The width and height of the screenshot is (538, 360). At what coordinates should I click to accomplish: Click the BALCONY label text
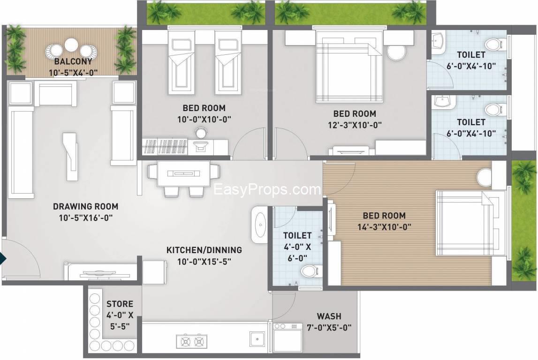[x=73, y=61]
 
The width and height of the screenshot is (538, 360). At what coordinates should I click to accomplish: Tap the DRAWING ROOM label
[x=85, y=206]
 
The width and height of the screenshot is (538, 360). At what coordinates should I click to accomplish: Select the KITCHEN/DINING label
[x=204, y=250]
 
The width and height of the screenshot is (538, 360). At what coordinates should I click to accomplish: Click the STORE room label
[x=120, y=304]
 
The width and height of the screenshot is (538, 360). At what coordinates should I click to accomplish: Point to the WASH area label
[x=329, y=316]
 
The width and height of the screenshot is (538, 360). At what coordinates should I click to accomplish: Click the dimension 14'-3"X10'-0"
[x=384, y=227]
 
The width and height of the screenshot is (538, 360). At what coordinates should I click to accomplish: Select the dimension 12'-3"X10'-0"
[x=355, y=125]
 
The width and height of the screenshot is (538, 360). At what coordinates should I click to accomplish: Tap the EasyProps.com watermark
[x=267, y=189]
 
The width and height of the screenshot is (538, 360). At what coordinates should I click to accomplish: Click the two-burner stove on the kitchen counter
[x=192, y=342]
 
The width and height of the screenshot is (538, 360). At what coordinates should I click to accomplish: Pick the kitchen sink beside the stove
[x=257, y=339]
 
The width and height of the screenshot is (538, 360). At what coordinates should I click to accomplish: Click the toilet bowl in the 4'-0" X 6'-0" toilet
[x=311, y=272]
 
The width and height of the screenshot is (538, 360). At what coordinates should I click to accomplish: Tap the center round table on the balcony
[x=71, y=44]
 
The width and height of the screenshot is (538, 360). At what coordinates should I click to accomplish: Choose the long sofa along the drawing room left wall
[x=21, y=152]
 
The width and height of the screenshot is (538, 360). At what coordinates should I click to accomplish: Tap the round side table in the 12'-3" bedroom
[x=396, y=52]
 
